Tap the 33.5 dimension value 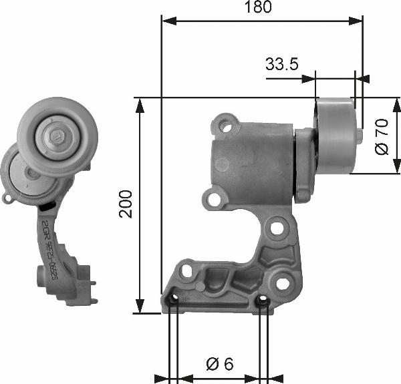pyautogui.click(x=281, y=64)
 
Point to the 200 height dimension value pyautogui.click(x=127, y=205)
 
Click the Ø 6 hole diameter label pyautogui.click(x=219, y=364)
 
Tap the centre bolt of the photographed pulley pyautogui.click(x=56, y=137)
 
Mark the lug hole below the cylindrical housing pyautogui.click(x=214, y=199)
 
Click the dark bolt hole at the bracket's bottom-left pyautogui.click(x=173, y=304)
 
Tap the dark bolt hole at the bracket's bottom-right pyautogui.click(x=263, y=304)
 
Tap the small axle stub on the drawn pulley pyautogui.click(x=359, y=136)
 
